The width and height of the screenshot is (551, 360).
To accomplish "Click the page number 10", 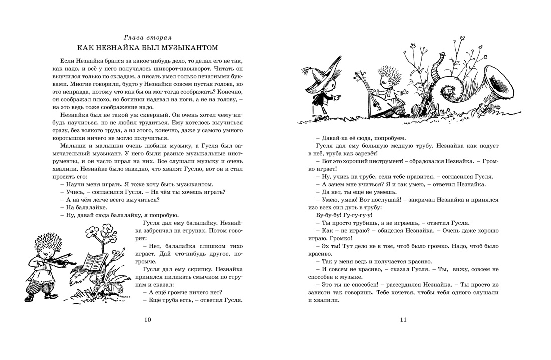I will [147, 320].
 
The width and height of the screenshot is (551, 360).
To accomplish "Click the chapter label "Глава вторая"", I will [147, 37].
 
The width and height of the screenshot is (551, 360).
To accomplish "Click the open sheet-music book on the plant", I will [95, 262].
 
